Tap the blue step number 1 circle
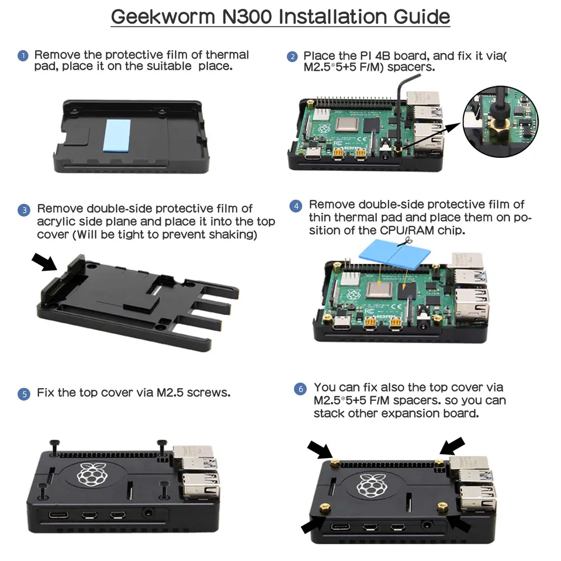coord(23,56)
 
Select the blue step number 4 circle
coord(297,206)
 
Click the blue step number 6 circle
coord(300,389)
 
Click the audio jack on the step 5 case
coord(148,514)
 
